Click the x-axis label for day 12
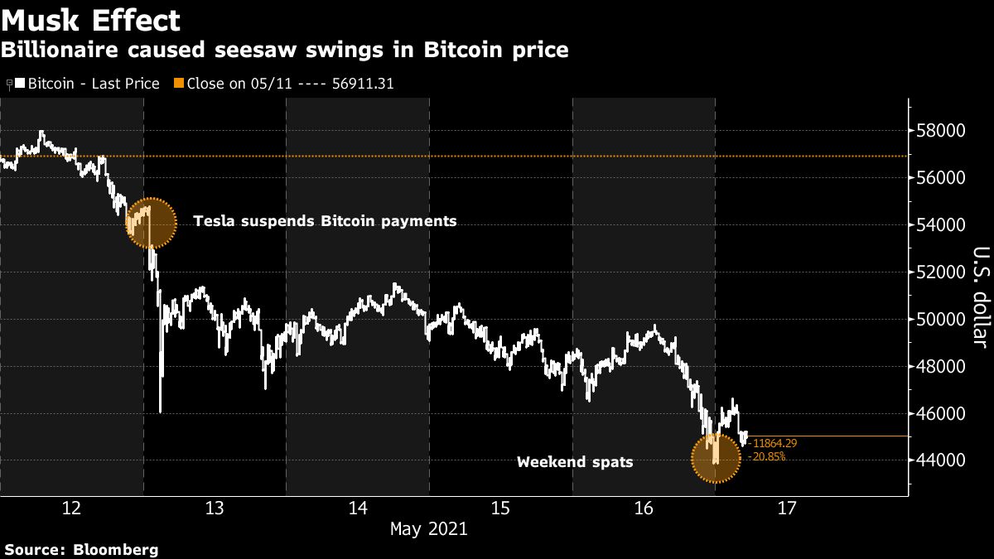[72, 508]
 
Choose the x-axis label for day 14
[358, 508]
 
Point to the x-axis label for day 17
[787, 508]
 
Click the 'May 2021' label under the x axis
[429, 528]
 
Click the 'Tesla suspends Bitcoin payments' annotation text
[325, 221]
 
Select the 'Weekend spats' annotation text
[575, 462]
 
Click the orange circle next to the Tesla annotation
[151, 223]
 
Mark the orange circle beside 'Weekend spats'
[716, 458]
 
